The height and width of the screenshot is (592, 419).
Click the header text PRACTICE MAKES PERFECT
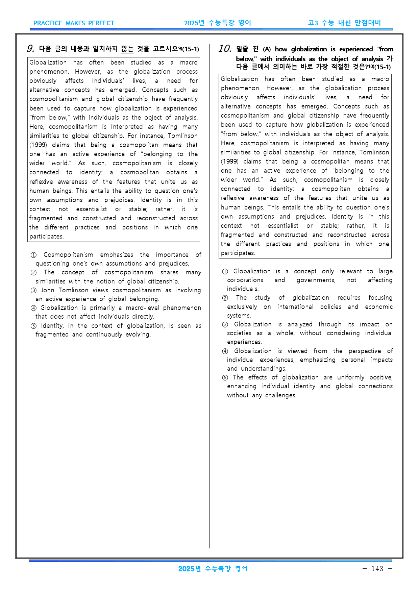tap(74, 23)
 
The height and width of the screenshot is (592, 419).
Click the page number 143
tap(377, 568)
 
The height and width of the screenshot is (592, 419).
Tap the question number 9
tap(30, 49)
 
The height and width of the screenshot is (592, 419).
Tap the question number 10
tap(225, 49)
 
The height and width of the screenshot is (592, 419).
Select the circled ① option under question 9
tap(33, 255)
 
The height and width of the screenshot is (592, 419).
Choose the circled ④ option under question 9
tap(33, 308)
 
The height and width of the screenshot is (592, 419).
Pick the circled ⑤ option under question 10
tap(225, 377)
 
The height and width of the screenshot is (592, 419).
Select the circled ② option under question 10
tap(225, 298)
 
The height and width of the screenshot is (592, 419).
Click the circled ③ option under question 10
tap(225, 324)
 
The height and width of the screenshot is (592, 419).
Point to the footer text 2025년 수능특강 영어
tap(213, 569)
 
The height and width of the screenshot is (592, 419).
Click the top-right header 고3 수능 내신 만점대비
tap(344, 23)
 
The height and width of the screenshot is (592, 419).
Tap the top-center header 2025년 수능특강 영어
tap(218, 23)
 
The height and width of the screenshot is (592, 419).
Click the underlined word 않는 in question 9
tap(127, 49)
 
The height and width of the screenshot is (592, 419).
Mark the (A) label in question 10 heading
tap(267, 49)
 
